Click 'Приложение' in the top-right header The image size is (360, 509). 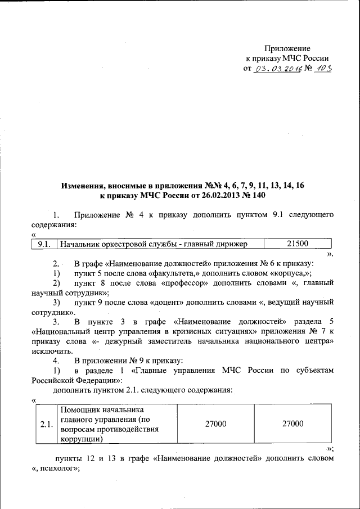click(x=287, y=49)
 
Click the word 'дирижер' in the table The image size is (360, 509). click(x=229, y=244)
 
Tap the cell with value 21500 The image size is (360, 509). click(x=298, y=244)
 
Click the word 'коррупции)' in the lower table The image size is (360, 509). click(x=81, y=439)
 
